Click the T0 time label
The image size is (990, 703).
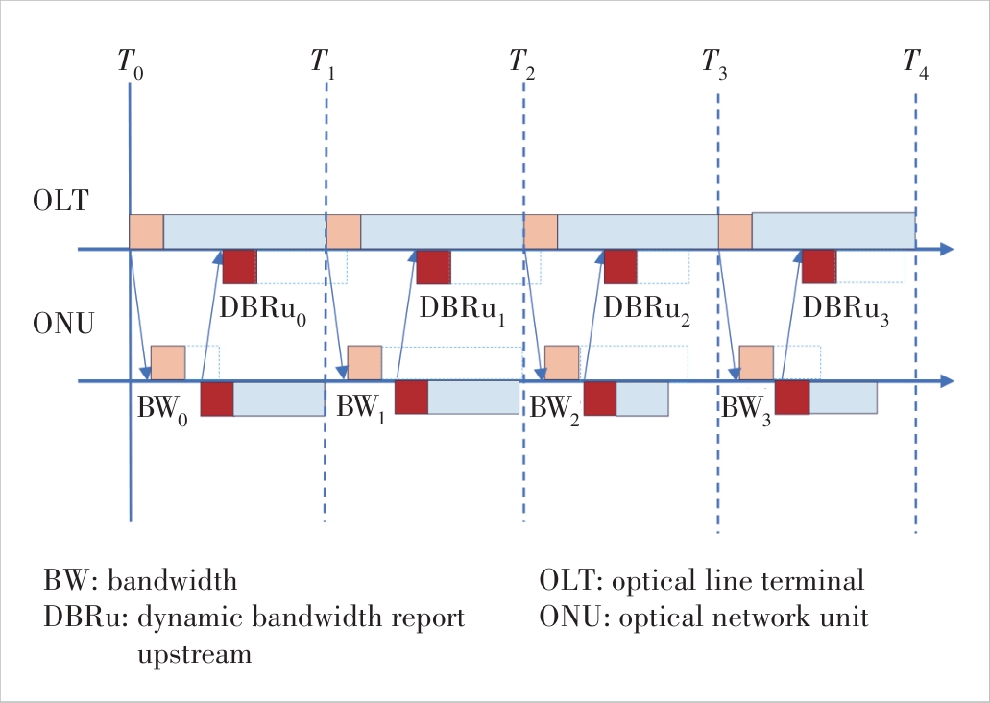pos(131,63)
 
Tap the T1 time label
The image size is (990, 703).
pos(323,63)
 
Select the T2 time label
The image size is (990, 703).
pos(522,63)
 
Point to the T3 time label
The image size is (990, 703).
pos(715,63)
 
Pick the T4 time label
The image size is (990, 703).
pos(915,63)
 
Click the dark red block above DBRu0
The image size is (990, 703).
pos(239,267)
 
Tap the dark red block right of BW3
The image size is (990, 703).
pos(791,398)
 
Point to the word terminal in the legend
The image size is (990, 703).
pos(817,581)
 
